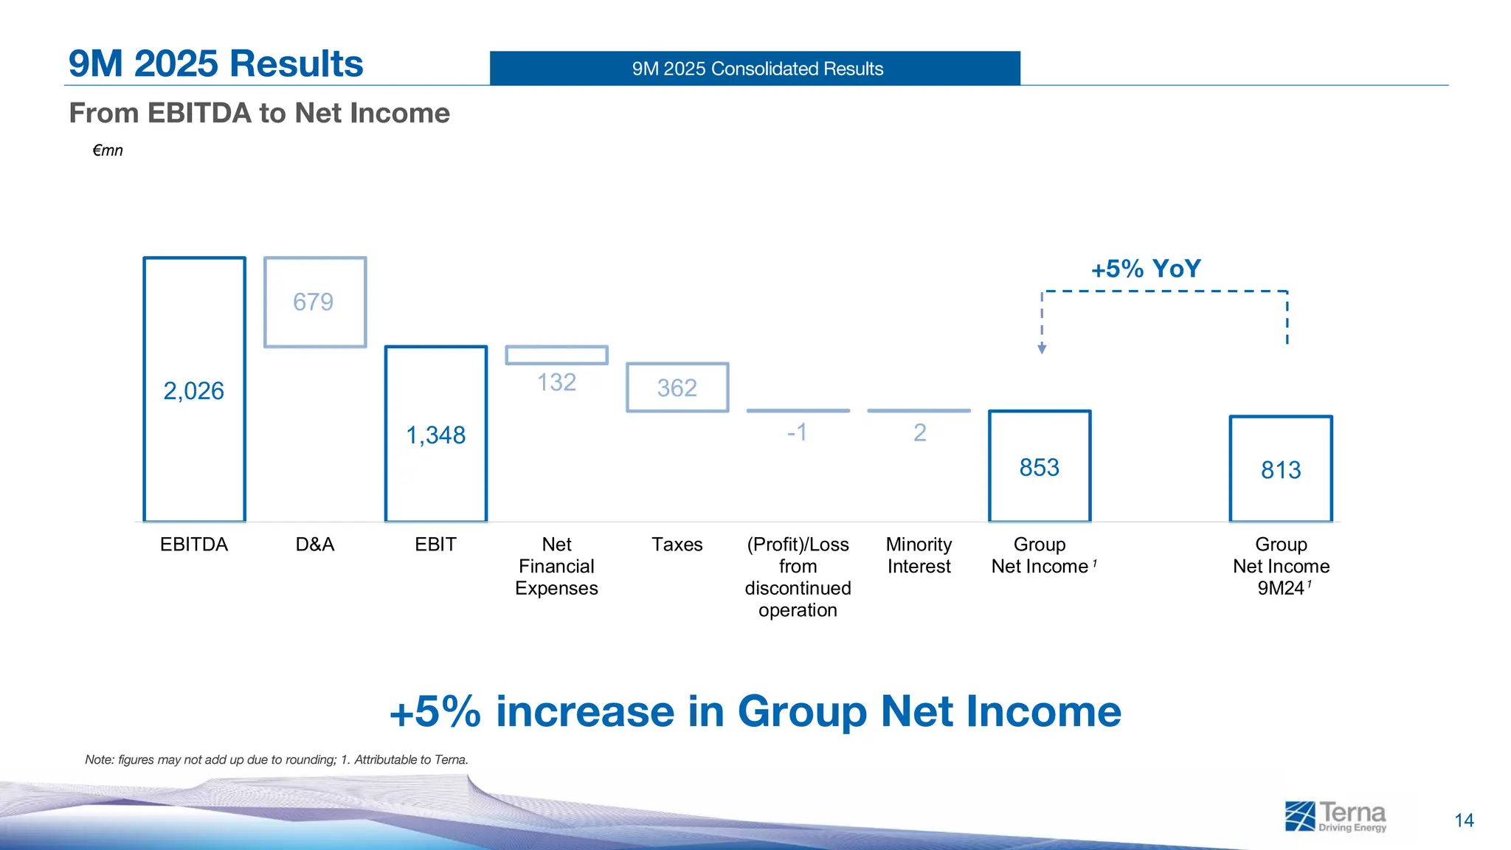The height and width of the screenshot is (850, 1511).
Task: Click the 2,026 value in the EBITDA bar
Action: pyautogui.click(x=193, y=391)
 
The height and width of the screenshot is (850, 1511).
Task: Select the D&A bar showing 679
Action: pyautogui.click(x=315, y=303)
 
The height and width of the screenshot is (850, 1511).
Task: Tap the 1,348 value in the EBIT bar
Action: pyautogui.click(x=435, y=435)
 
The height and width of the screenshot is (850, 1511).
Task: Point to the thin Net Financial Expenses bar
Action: pyautogui.click(x=556, y=355)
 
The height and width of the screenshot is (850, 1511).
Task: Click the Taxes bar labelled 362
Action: pyautogui.click(x=677, y=387)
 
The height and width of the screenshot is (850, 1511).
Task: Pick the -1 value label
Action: pyautogui.click(x=797, y=432)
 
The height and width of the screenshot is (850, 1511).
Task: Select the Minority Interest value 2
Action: pyautogui.click(x=919, y=432)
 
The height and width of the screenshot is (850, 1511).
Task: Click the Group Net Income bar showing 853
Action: pyautogui.click(x=1039, y=467)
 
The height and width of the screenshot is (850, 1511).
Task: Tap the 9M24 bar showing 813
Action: pyautogui.click(x=1280, y=470)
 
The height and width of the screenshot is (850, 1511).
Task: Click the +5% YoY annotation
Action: pyautogui.click(x=1146, y=269)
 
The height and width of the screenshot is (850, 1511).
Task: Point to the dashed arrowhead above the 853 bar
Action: pyautogui.click(x=1042, y=348)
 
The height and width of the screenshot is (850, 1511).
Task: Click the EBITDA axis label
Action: pyautogui.click(x=193, y=545)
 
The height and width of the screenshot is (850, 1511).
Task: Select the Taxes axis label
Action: pyautogui.click(x=677, y=545)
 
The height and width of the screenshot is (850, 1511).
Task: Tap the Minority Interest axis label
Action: pyautogui.click(x=919, y=555)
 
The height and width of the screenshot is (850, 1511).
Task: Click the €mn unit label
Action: pyautogui.click(x=108, y=151)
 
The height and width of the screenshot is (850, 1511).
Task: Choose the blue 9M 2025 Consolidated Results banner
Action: pyautogui.click(x=755, y=69)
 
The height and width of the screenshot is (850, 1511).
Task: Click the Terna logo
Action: pyautogui.click(x=1335, y=817)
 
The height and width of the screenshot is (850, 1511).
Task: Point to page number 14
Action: pyautogui.click(x=1464, y=820)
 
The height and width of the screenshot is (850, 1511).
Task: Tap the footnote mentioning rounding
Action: pyautogui.click(x=277, y=759)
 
